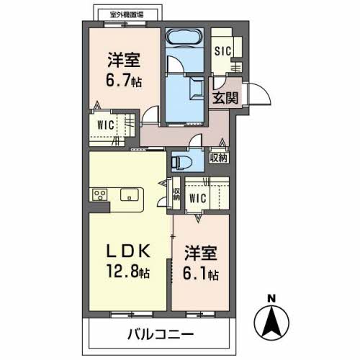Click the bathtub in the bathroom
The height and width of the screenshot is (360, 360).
tap(184, 37)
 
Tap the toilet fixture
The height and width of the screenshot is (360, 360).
tap(182, 162)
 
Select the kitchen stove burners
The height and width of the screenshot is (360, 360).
tap(100, 194)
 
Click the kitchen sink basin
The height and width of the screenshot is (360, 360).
tap(129, 194)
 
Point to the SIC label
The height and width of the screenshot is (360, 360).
tap(222, 51)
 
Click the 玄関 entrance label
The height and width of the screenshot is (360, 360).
tap(225, 98)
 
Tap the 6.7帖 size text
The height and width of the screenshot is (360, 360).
tap(124, 81)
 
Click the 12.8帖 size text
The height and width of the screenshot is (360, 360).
tap(128, 271)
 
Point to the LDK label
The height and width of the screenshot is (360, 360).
tap(129, 251)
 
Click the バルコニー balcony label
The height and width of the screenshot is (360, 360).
tap(161, 334)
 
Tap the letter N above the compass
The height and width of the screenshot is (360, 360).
tap(271, 299)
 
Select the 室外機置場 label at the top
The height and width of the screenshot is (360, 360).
tap(127, 15)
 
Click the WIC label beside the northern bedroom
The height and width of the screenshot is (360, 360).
tap(106, 125)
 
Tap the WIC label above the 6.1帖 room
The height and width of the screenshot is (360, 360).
tap(198, 198)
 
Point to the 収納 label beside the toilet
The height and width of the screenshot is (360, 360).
tap(219, 158)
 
